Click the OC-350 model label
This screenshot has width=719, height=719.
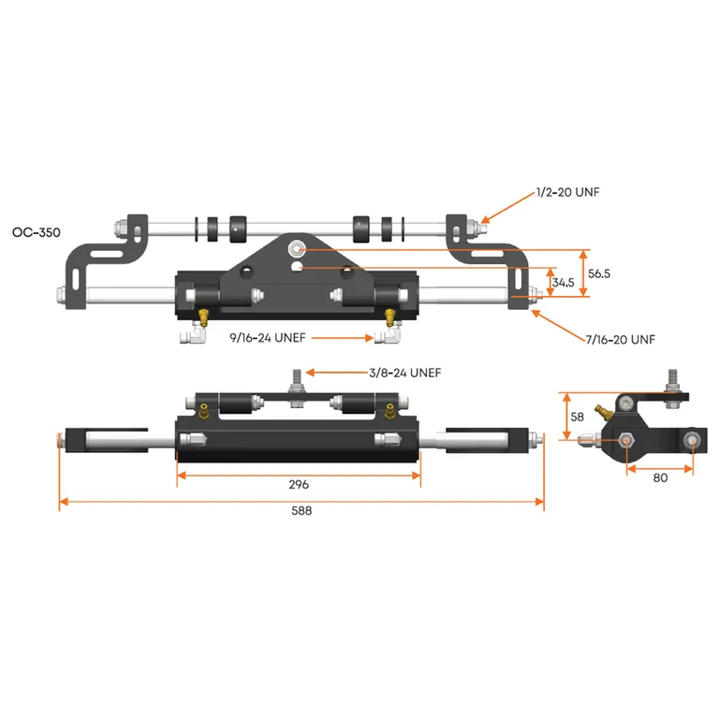coord(37,230)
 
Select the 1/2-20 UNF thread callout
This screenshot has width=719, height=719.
coord(568,193)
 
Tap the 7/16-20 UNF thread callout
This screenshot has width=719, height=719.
coord(620,340)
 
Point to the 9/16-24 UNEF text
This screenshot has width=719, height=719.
coord(269,336)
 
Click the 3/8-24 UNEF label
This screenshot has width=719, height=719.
coord(404,373)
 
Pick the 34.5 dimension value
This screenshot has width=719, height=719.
coord(563,282)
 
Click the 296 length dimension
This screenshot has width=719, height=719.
coord(299,485)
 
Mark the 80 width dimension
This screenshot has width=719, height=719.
coord(661,477)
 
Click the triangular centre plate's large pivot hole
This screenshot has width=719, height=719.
coord(297,249)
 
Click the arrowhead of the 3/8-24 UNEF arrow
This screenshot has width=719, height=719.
coord(309,373)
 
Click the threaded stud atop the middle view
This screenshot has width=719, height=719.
coord(293,379)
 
